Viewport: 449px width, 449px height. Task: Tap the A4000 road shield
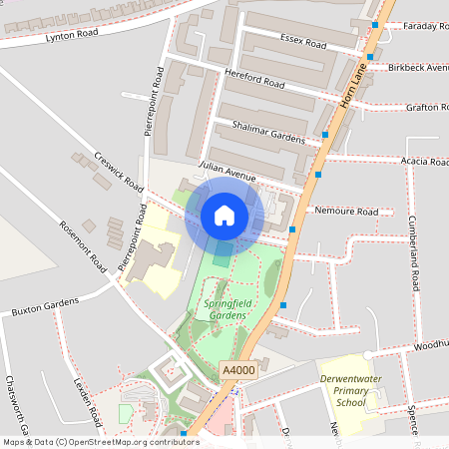point(238,370)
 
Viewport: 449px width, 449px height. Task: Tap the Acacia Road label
point(425,161)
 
